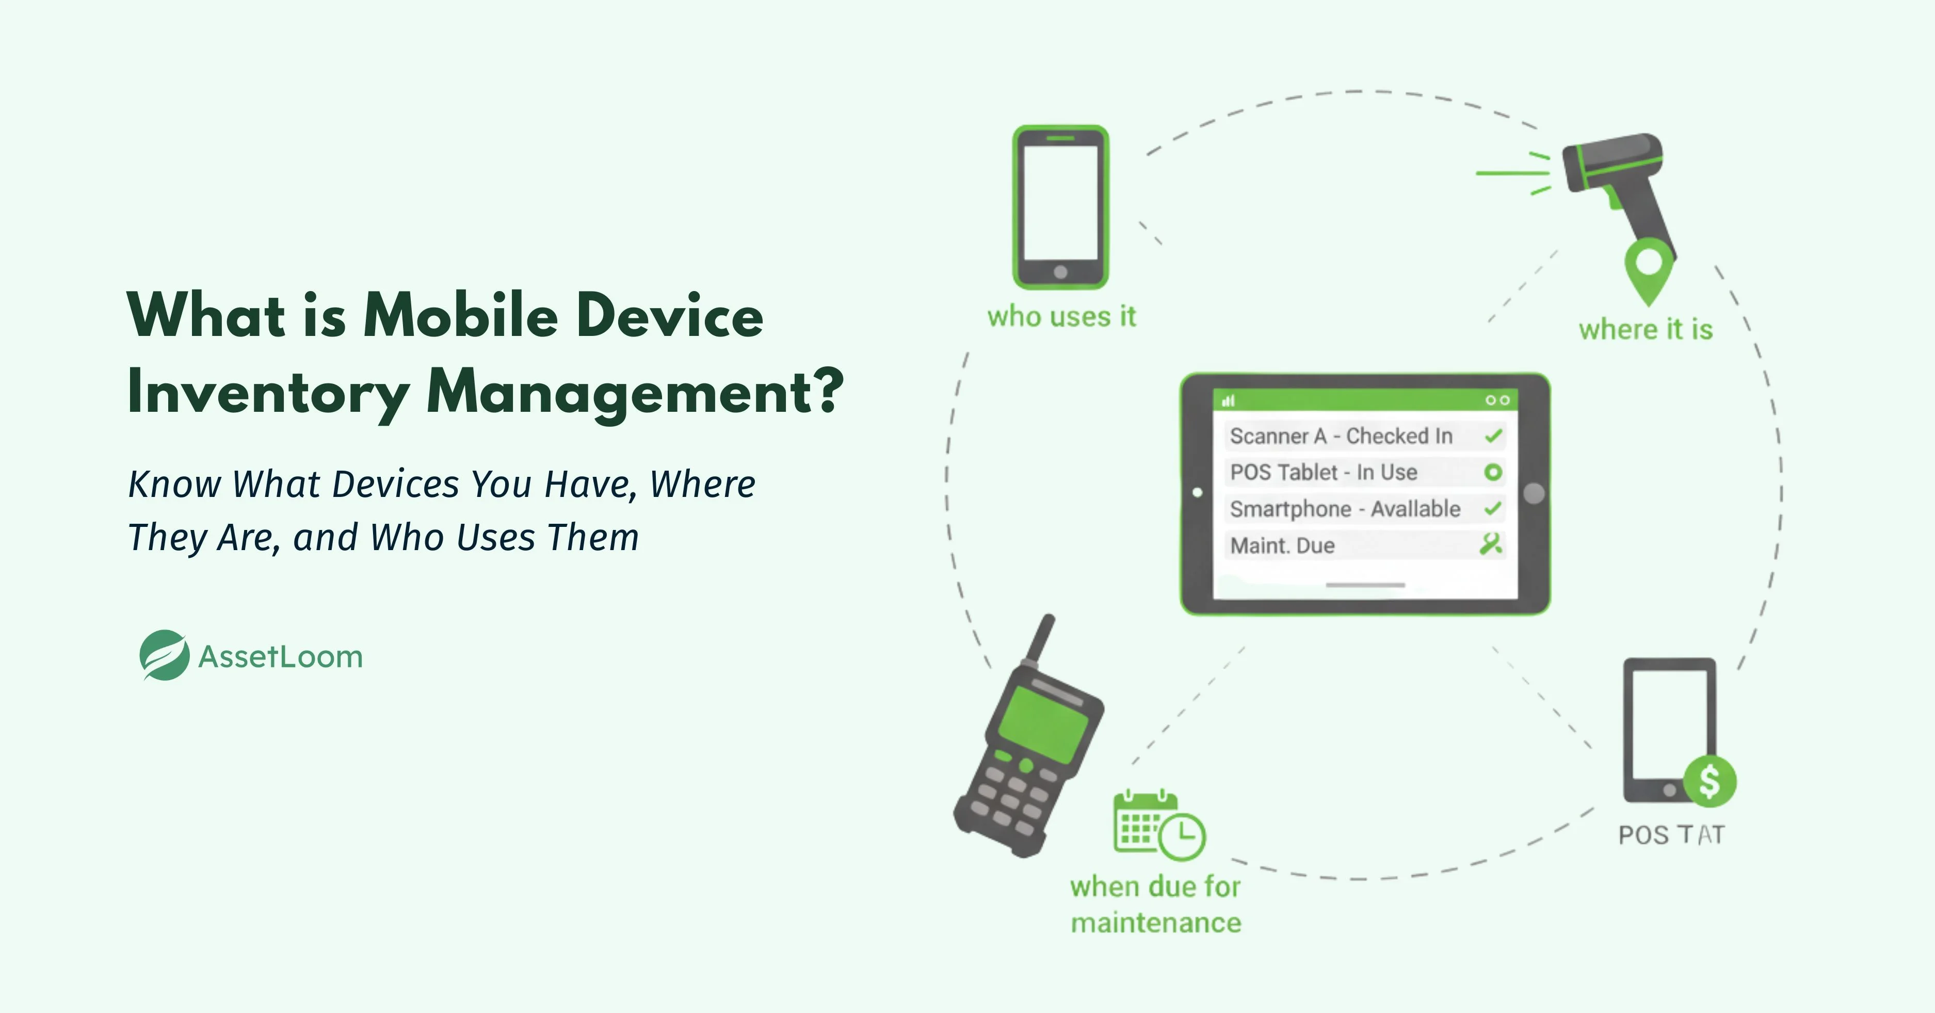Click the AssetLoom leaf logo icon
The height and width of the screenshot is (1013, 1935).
[x=164, y=655]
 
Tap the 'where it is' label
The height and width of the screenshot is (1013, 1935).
[x=1645, y=330]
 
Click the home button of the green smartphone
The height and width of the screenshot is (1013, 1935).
[x=1061, y=272]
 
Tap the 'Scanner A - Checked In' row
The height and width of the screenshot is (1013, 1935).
[x=1341, y=436]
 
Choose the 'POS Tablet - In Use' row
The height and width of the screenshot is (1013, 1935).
[x=1324, y=473]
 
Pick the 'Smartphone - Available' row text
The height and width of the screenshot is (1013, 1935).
[x=1345, y=509]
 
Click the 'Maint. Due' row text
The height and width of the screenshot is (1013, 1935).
[x=1282, y=545]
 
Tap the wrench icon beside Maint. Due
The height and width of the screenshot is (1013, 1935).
[x=1491, y=543]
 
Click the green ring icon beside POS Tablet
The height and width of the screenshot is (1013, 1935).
[x=1493, y=472]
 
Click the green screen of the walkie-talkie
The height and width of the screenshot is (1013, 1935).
[x=1044, y=721]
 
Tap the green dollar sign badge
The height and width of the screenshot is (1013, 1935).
[x=1710, y=781]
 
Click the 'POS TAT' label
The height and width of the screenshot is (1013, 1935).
[x=1671, y=835]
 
